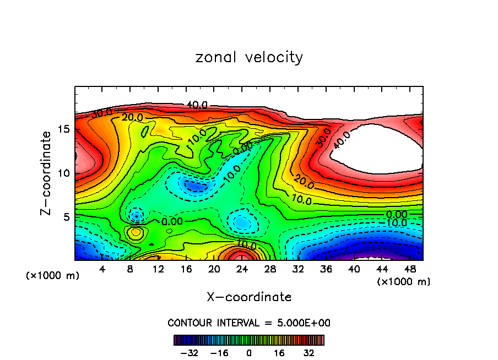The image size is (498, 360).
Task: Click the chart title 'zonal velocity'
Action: click(249, 57)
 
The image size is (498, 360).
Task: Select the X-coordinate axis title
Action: click(249, 297)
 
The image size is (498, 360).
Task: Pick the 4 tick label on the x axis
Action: click(102, 269)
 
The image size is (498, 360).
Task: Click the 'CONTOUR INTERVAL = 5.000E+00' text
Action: click(249, 323)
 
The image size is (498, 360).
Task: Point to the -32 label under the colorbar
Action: click(190, 352)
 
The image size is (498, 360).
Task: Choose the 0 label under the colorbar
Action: click(249, 352)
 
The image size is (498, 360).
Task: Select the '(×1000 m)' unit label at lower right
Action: click(404, 282)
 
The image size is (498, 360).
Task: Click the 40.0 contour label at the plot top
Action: click(197, 105)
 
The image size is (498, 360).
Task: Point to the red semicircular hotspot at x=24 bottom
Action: click(241, 255)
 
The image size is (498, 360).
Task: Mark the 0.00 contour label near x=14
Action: click(172, 221)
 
